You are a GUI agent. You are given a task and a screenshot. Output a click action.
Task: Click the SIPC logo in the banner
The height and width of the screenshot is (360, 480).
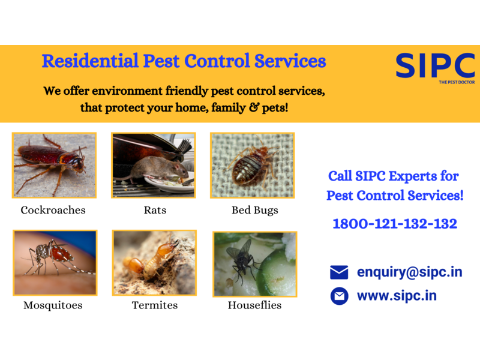(435, 65)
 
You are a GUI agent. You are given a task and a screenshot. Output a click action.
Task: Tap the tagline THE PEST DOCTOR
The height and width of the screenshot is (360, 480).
(457, 82)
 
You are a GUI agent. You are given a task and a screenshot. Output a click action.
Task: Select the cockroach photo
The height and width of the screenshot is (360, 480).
(54, 166)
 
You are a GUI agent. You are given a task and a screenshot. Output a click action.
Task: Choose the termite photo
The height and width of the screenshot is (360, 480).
(154, 263)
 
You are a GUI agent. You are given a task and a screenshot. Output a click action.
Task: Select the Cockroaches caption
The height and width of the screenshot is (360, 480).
(53, 210)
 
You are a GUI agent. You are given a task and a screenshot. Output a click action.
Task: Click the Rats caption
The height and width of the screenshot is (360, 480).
(155, 210)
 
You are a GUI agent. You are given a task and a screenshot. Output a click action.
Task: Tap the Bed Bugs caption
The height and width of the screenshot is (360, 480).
(255, 211)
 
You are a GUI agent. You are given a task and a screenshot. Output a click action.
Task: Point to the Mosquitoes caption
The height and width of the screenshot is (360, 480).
(53, 305)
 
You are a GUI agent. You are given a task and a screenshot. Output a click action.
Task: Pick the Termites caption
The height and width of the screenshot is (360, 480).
(155, 305)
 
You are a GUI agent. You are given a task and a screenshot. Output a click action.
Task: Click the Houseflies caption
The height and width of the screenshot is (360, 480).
(254, 305)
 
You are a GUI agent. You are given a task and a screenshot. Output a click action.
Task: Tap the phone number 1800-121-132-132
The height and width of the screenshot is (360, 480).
(395, 224)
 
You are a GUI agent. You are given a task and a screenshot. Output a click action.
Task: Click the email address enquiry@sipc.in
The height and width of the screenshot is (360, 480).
(410, 272)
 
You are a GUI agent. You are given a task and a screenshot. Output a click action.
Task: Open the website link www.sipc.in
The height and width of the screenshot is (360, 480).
(397, 296)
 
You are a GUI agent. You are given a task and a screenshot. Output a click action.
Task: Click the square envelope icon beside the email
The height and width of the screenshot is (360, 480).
(339, 272)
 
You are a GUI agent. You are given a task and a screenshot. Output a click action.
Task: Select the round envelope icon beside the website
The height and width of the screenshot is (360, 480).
(339, 296)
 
